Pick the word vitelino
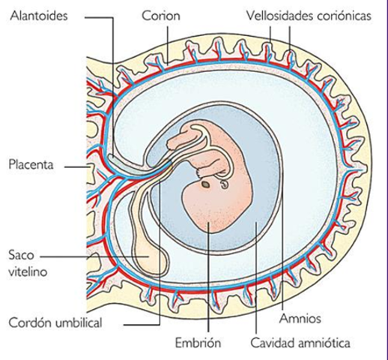[28, 272]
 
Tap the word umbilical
[88, 324]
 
